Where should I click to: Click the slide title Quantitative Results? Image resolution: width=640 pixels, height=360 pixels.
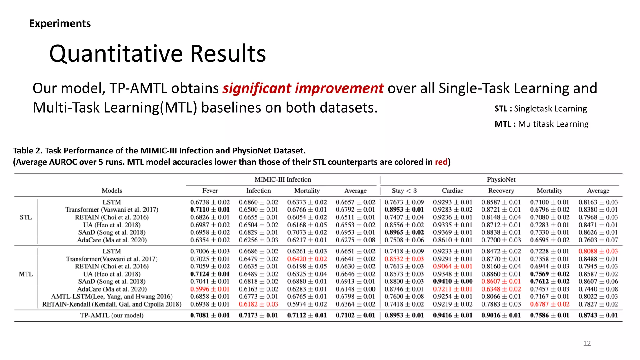157,54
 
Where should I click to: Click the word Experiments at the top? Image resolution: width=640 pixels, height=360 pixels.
60,23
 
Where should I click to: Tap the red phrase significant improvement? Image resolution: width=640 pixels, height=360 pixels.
302,88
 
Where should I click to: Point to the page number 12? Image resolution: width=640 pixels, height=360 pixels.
587,343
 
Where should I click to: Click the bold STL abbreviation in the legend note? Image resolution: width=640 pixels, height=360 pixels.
501,109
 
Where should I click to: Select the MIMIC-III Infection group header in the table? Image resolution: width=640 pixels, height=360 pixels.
282,180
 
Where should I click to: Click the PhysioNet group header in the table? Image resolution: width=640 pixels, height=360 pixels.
501,180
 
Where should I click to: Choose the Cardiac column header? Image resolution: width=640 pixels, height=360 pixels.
452,191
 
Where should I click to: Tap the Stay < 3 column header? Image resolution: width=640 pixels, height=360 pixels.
404,191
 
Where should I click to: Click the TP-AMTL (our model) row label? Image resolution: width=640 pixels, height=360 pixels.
112,315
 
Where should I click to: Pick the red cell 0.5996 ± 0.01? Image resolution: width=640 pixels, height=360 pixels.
210,289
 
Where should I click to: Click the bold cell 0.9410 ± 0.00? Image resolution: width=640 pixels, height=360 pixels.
452,282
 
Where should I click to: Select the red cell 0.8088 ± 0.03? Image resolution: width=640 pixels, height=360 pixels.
598,251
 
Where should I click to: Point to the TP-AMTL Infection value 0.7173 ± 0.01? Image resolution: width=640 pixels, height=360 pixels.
258,315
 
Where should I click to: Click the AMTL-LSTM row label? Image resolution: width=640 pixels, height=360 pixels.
112,297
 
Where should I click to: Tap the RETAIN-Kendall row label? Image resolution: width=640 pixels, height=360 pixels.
112,304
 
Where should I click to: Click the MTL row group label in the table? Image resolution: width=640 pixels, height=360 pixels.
26,274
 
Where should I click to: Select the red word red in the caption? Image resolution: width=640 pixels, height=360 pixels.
441,162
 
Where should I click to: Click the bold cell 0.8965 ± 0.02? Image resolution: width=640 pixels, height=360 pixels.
404,232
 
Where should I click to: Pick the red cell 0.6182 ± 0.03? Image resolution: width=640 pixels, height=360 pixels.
258,304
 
